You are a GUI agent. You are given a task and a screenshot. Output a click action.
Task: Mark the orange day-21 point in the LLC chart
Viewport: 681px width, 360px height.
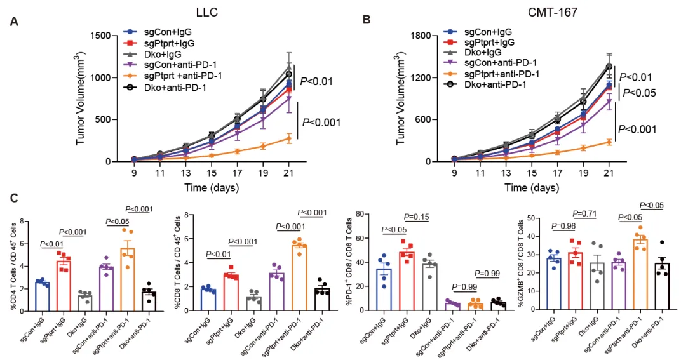(288, 138)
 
